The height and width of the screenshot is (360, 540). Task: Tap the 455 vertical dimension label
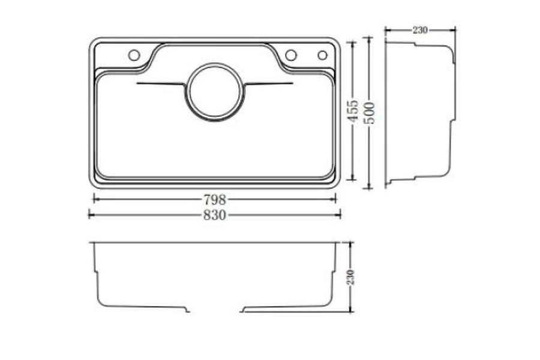tap(353, 112)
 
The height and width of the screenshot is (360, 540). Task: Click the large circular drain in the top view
tap(215, 92)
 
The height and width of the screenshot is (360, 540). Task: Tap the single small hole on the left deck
tap(134, 55)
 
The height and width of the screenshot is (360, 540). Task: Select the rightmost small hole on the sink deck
tap(322, 55)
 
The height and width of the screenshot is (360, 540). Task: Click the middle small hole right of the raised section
tap(291, 55)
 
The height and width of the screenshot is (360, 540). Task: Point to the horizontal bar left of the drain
tap(161, 83)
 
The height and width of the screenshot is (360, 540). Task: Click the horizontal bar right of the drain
tap(269, 83)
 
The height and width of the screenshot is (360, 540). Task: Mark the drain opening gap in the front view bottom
tap(215, 311)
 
